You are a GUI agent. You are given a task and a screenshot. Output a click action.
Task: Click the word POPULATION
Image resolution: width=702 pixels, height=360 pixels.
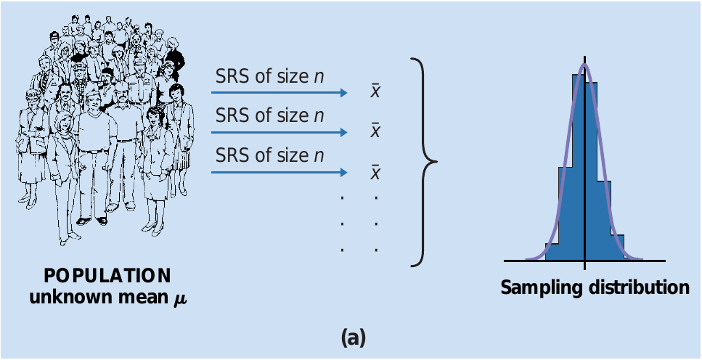click(107, 277)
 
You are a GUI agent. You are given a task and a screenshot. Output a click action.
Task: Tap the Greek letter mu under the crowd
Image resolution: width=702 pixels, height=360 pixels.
click(176, 298)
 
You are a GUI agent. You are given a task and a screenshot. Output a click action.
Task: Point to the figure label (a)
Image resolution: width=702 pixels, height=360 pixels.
click(353, 337)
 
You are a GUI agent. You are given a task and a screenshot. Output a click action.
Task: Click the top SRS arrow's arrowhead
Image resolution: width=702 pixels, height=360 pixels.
click(342, 93)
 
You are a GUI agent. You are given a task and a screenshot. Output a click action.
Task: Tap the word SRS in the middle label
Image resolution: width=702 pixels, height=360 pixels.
click(232, 115)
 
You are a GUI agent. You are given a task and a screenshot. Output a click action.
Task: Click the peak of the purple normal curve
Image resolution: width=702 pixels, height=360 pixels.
click(584, 65)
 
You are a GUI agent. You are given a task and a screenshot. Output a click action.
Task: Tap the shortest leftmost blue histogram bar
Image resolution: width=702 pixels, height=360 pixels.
click(552, 252)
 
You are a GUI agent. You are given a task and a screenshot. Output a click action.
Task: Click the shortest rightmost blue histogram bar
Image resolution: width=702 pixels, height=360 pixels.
click(618, 252)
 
